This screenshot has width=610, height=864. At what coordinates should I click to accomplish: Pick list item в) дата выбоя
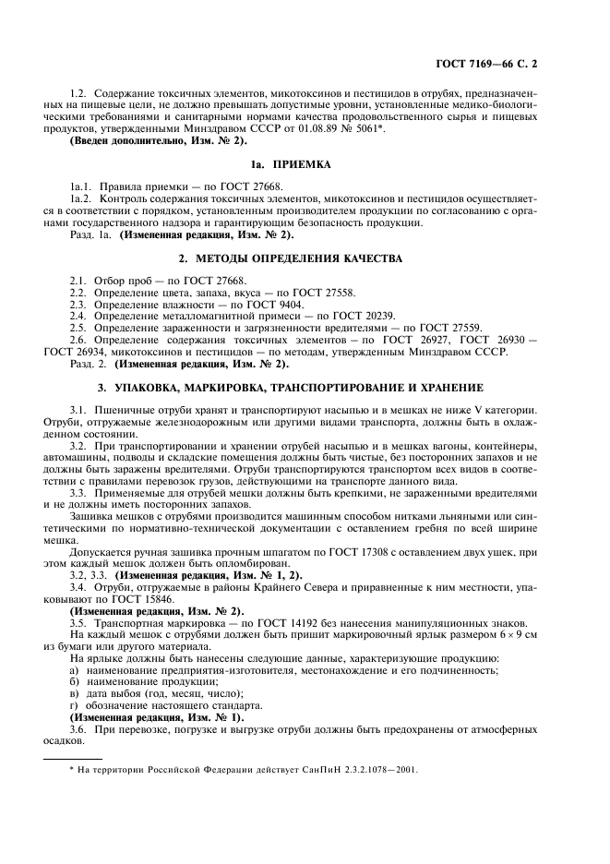click(135, 693)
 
